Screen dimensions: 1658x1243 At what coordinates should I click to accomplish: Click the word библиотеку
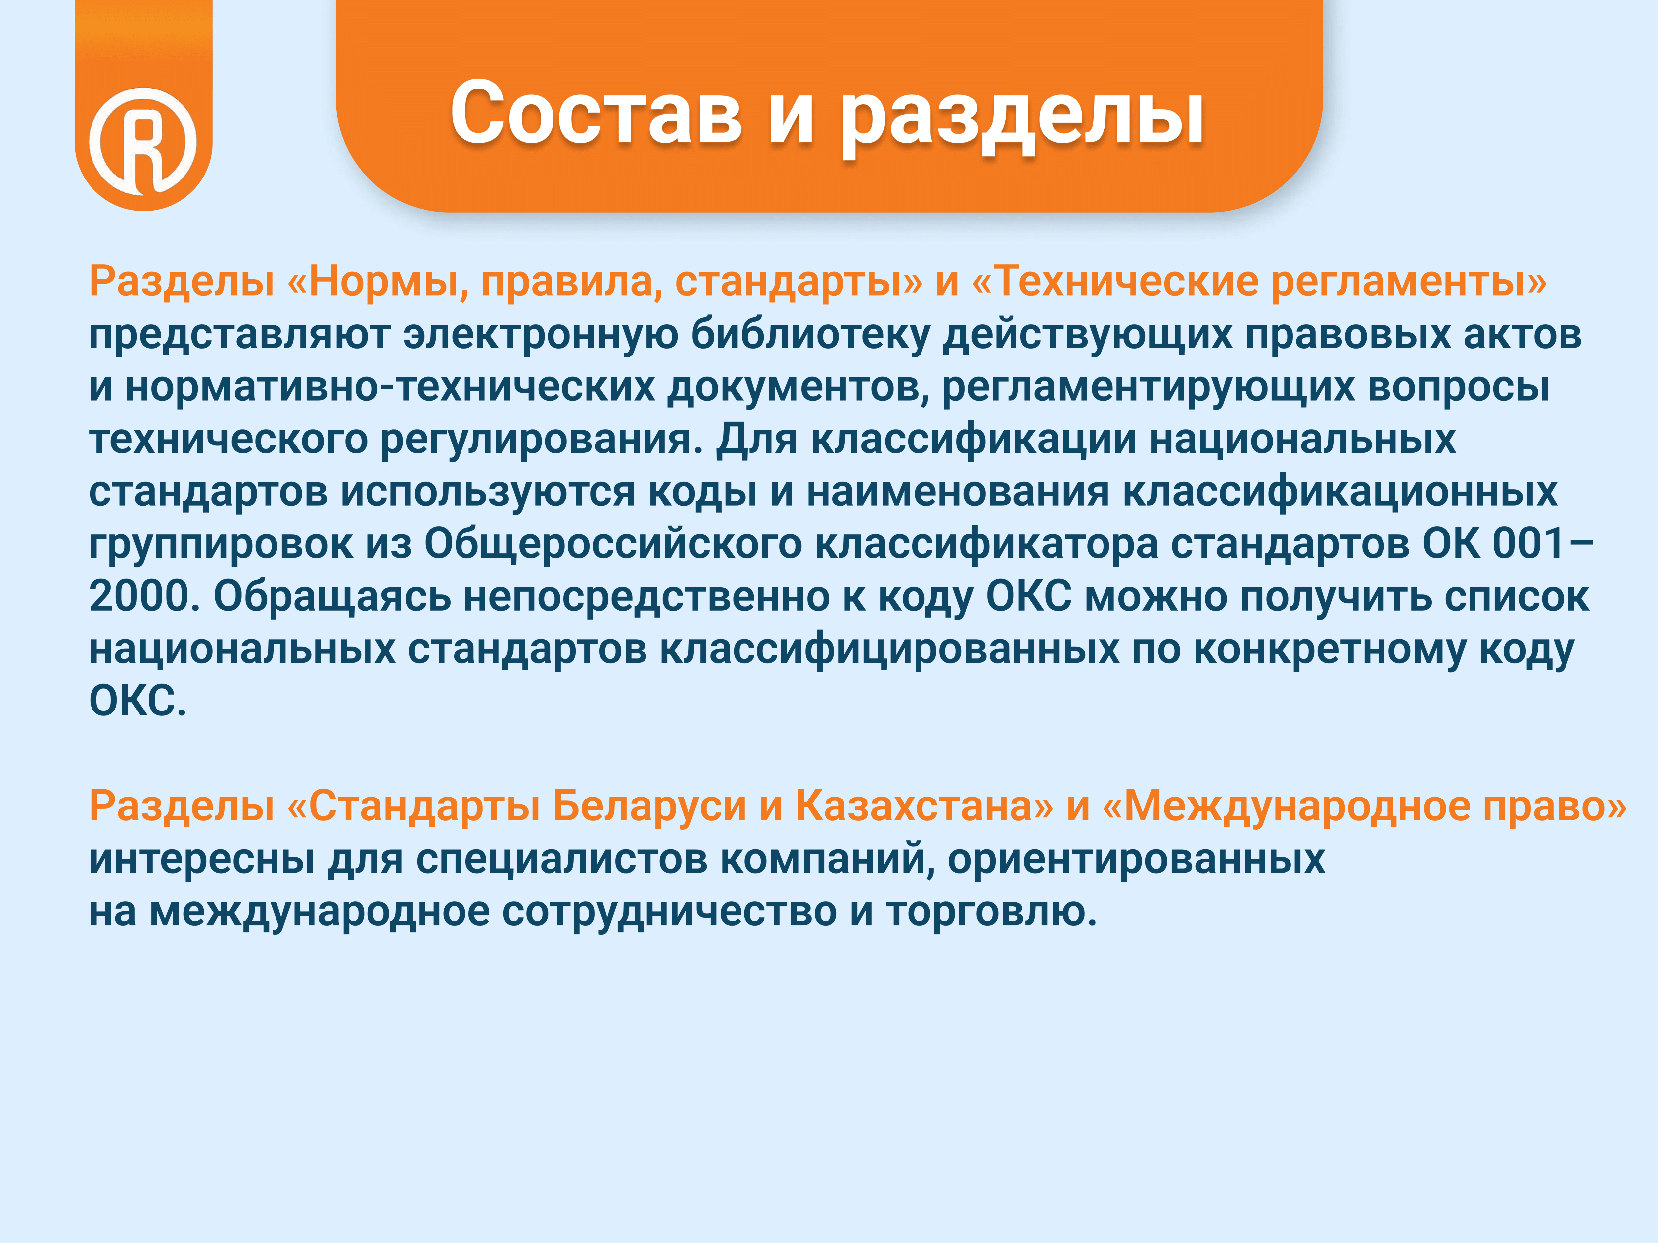810,334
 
